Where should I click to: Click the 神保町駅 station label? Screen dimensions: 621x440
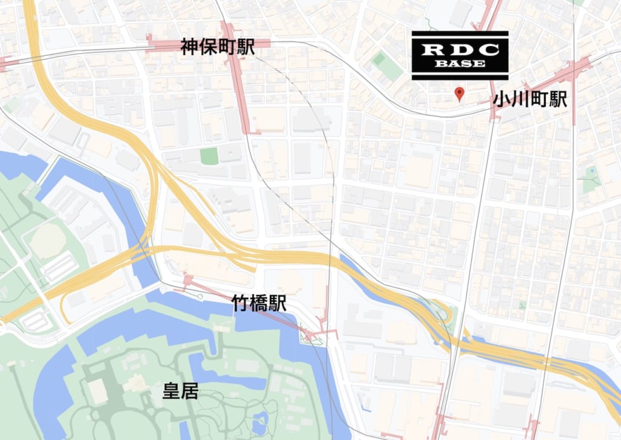coord(218,48)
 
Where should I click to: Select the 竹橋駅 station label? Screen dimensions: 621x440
coord(259,304)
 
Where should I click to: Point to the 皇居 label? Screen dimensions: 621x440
coord(181,391)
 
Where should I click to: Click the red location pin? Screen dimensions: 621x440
coord(460,93)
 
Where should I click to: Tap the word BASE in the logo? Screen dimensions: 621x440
coord(460,64)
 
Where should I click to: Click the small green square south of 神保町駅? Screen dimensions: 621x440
coord(209,156)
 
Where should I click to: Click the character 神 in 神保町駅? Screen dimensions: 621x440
coord(190,48)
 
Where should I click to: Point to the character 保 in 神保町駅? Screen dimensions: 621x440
coord(209,48)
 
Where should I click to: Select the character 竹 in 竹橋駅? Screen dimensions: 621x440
coord(241,304)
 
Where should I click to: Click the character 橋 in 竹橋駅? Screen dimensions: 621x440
coord(259,304)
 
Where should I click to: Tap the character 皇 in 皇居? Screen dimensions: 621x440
coord(172,391)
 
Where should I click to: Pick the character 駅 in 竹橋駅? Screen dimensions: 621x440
coord(277,304)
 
